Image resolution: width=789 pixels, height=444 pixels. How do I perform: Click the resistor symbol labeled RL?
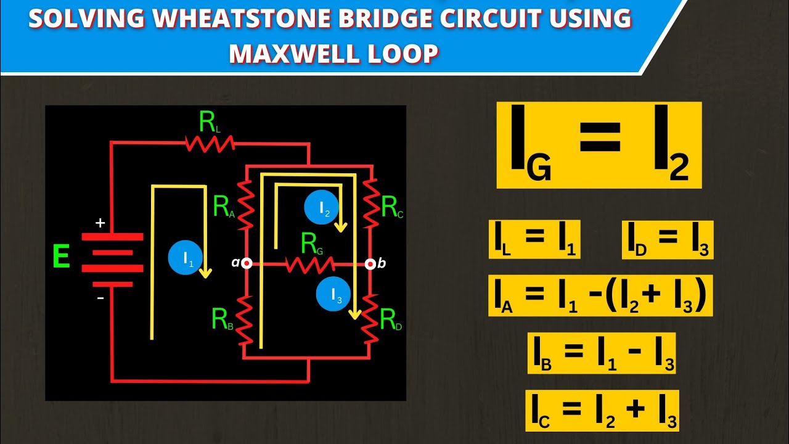[210, 144]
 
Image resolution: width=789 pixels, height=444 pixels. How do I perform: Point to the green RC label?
[393, 208]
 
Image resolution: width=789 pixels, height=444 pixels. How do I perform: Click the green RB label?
[223, 319]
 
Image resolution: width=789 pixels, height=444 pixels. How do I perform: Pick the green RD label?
[391, 320]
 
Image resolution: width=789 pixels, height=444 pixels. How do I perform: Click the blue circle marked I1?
[186, 260]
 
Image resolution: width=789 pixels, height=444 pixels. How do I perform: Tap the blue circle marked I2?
[321, 208]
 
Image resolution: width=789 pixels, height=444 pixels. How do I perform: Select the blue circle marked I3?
[333, 295]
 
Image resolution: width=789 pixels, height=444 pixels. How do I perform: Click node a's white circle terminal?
[247, 263]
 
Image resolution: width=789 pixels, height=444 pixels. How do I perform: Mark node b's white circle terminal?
[370, 264]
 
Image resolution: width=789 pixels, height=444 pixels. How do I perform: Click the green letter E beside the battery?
[61, 257]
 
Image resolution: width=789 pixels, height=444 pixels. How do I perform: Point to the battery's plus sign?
[100, 223]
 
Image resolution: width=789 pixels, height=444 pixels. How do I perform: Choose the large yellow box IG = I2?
[599, 146]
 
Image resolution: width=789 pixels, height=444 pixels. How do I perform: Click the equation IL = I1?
[534, 239]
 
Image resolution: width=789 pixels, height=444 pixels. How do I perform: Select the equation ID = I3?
[668, 239]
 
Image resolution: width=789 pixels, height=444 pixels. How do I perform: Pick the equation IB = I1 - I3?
[601, 353]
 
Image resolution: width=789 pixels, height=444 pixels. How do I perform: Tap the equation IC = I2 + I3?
[602, 410]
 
